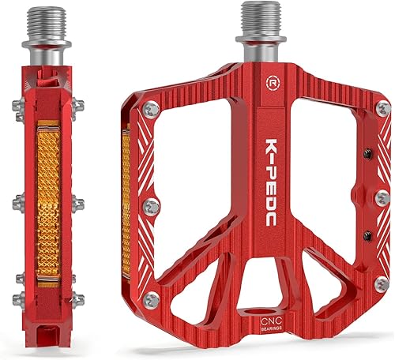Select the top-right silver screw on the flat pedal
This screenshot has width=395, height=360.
pyautogui.click(x=382, y=107)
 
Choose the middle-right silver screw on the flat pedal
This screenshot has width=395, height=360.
pyautogui.click(x=383, y=197)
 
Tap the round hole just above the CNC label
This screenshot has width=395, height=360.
pyautogui.click(x=272, y=305)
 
